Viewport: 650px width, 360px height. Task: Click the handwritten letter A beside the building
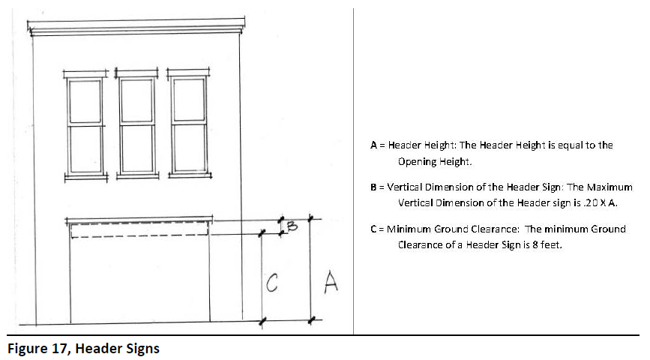[x=330, y=283]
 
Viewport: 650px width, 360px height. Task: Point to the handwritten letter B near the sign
[x=293, y=223]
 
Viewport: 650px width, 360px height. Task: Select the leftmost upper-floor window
[x=85, y=125]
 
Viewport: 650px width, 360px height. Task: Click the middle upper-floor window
[x=137, y=125]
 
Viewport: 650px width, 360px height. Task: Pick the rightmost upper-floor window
[x=189, y=125]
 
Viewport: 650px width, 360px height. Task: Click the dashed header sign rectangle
[x=139, y=229]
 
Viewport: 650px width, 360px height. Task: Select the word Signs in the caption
[x=142, y=349]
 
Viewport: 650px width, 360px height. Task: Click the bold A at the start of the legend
[x=373, y=145]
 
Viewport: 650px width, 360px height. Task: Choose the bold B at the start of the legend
[x=373, y=187]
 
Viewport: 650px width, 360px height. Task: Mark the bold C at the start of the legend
[x=373, y=229]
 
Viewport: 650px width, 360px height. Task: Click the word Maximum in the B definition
[x=611, y=187]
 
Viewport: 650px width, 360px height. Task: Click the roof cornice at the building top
[x=137, y=28]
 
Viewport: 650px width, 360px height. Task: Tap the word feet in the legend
[x=552, y=244]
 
